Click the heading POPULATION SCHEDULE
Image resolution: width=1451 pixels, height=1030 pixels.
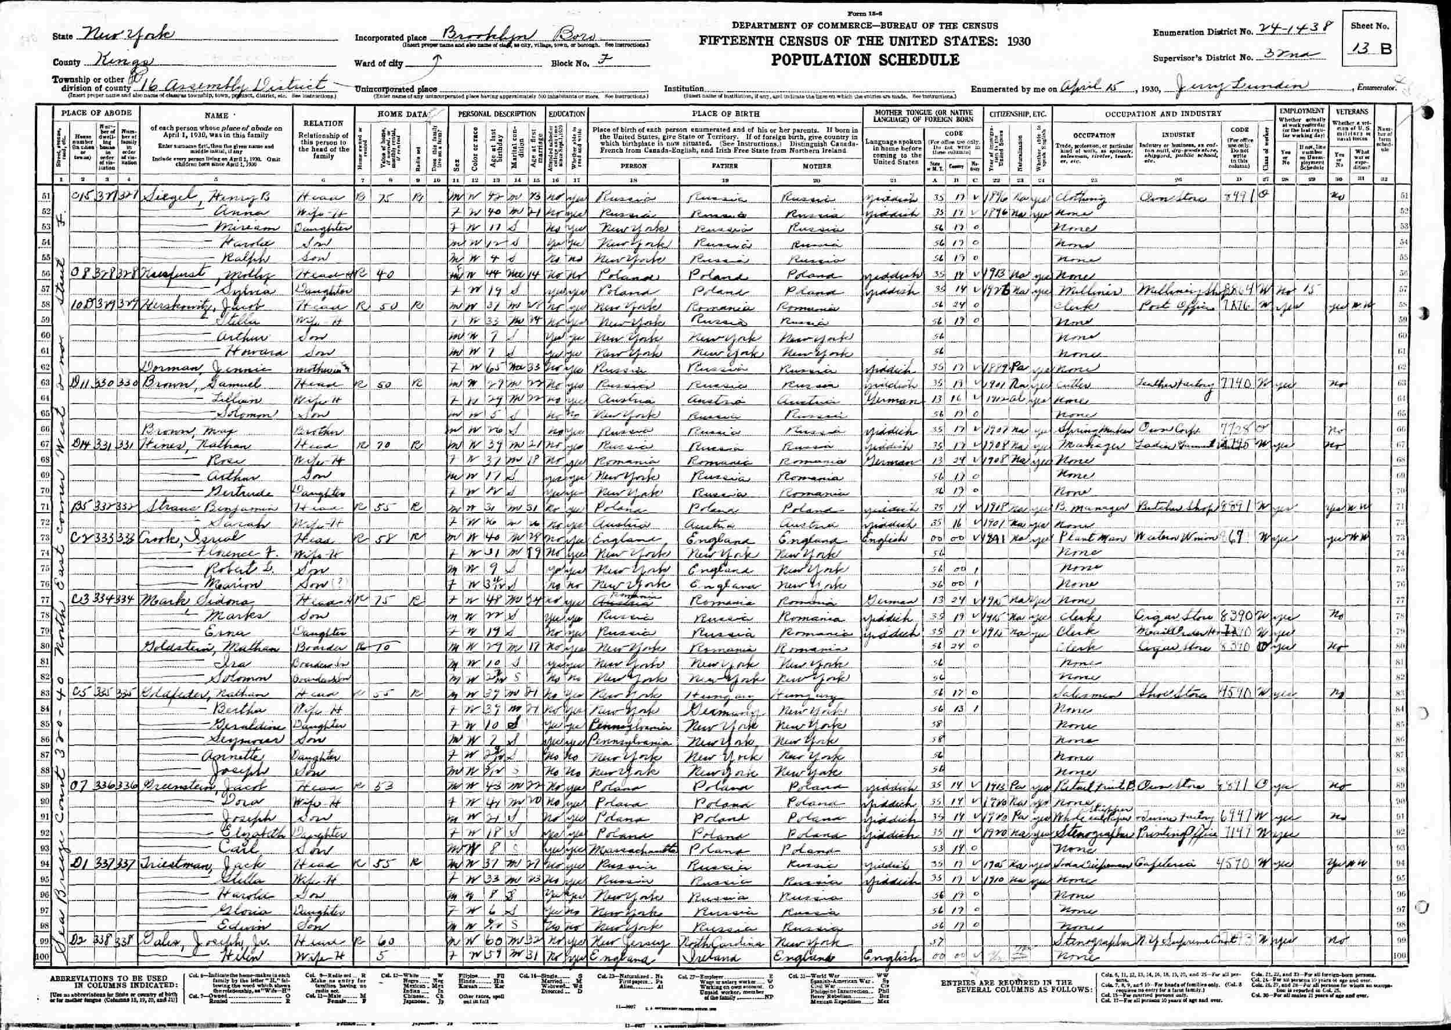865,60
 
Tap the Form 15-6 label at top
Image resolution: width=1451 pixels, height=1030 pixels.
865,14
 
